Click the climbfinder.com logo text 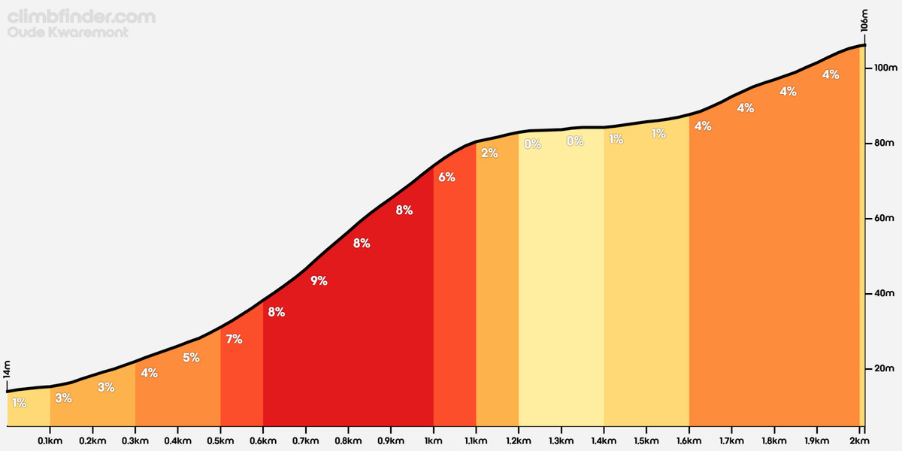[82, 17]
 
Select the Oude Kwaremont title [68, 33]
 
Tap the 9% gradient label [319, 281]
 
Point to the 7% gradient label [234, 339]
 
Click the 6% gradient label [446, 177]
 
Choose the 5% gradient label [191, 358]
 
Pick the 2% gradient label [489, 153]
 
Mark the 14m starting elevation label [8, 374]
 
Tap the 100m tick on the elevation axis [881, 68]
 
